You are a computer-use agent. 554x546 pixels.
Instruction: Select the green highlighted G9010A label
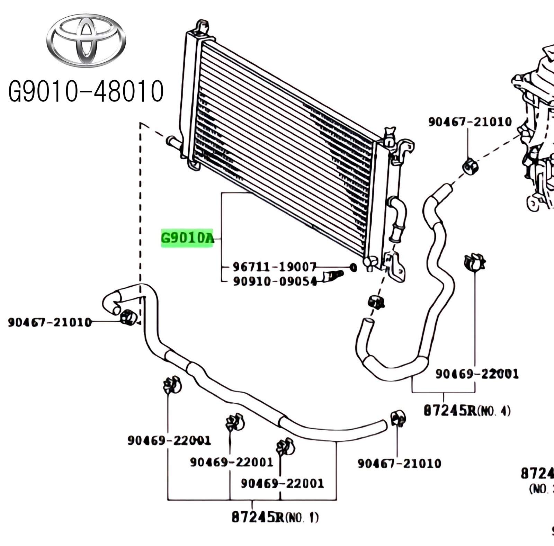(187, 238)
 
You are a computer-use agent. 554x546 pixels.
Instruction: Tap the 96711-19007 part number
(274, 267)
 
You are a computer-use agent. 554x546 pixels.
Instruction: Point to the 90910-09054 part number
(275, 281)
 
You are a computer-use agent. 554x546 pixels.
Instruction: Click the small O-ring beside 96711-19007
(353, 267)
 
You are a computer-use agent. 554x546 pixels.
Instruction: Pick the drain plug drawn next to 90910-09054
(333, 276)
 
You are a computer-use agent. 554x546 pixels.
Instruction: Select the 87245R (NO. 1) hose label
(275, 517)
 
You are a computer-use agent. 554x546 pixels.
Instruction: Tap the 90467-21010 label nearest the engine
(470, 122)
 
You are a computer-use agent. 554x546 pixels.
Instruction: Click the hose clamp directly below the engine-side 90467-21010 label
(470, 167)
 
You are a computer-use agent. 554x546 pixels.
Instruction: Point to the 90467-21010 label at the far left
(50, 323)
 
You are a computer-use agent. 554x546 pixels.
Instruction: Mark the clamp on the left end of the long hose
(128, 317)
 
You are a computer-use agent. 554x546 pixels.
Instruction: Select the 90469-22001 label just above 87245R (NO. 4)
(477, 374)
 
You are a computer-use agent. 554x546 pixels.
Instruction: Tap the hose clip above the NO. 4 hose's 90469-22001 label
(474, 262)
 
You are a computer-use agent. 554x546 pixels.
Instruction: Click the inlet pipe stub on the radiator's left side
(174, 142)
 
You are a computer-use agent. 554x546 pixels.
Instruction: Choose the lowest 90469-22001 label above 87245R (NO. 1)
(282, 483)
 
